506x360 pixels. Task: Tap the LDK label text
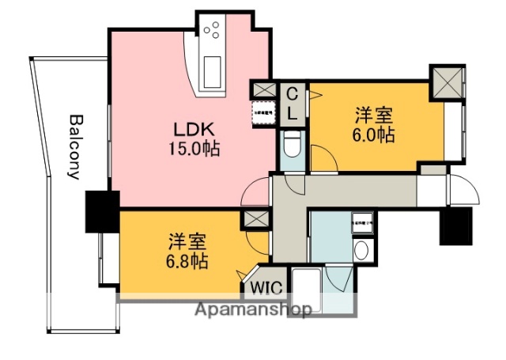pyautogui.click(x=193, y=129)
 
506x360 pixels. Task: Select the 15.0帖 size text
pyautogui.click(x=193, y=147)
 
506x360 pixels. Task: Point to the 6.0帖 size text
pyautogui.click(x=373, y=135)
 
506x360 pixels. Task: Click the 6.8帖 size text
pyautogui.click(x=187, y=262)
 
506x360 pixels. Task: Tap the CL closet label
pyautogui.click(x=292, y=104)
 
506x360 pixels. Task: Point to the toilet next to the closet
pyautogui.click(x=290, y=146)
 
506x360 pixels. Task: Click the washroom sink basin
pyautogui.click(x=361, y=252)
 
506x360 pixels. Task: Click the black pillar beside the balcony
pyautogui.click(x=102, y=211)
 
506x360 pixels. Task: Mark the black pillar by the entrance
pyautogui.click(x=454, y=225)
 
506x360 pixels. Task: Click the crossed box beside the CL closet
pyautogui.click(x=262, y=90)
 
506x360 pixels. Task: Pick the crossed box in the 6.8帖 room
pyautogui.click(x=257, y=219)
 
